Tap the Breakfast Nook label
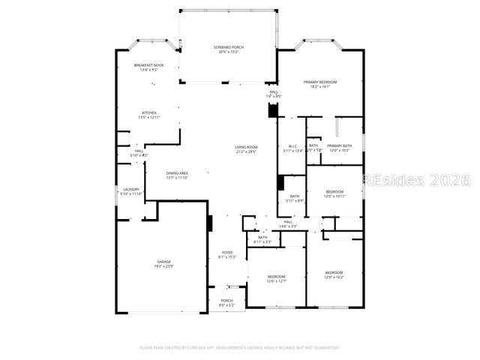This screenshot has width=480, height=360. click(x=148, y=65)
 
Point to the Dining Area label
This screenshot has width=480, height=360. click(x=177, y=173)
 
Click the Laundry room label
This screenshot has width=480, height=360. click(x=130, y=189)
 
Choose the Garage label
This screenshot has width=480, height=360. click(x=163, y=262)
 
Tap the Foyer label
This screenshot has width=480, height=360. click(x=226, y=252)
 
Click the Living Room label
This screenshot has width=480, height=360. click(x=246, y=147)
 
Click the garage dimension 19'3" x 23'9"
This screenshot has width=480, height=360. click(x=163, y=267)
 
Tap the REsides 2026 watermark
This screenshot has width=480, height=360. click(x=415, y=180)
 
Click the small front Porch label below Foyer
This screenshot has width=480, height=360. click(x=226, y=300)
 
